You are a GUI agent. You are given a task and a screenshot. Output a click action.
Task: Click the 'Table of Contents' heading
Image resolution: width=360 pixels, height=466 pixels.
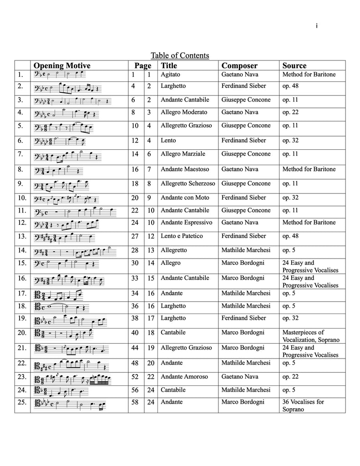tap(180, 56)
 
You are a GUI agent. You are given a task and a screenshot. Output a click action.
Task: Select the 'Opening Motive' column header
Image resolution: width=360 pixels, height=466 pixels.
tap(62, 66)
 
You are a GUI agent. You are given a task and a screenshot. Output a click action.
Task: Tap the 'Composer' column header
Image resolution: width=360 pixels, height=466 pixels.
tap(239, 66)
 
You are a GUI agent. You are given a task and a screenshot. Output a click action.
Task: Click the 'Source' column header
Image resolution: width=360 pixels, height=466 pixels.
tap(294, 66)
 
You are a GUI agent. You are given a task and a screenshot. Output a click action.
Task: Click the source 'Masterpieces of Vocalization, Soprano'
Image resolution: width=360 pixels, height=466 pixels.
tap(311, 336)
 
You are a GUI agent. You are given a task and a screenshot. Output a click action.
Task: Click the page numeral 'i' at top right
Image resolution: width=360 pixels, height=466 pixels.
tap(316, 26)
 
